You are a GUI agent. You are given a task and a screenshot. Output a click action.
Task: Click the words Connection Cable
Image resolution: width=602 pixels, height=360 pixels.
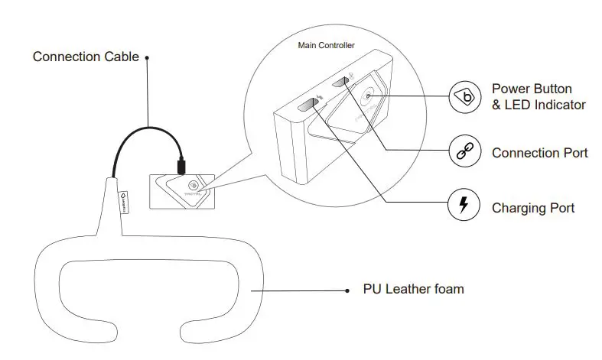(85, 57)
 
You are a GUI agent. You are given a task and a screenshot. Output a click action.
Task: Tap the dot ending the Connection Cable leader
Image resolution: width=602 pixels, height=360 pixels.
(147, 57)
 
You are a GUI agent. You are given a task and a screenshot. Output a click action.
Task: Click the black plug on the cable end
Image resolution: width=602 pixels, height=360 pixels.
(180, 165)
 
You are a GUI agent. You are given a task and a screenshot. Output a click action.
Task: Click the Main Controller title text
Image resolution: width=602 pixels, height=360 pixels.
(326, 46)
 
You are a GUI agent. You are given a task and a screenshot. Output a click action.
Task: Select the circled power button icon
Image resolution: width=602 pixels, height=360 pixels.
(465, 97)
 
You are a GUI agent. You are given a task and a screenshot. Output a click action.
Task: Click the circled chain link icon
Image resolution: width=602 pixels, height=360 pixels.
(465, 153)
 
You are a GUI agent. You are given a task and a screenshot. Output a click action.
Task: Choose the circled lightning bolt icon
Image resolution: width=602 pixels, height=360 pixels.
(465, 207)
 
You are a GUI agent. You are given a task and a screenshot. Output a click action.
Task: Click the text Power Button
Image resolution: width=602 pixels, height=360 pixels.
(532, 89)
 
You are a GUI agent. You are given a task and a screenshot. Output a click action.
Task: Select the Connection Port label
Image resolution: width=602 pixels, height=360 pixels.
(539, 153)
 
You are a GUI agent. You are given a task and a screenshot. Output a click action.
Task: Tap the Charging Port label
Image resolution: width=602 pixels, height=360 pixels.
(532, 207)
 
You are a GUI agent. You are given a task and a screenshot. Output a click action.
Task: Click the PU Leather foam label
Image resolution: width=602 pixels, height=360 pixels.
(413, 289)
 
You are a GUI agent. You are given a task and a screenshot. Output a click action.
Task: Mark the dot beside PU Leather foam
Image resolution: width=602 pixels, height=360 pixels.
(347, 290)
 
